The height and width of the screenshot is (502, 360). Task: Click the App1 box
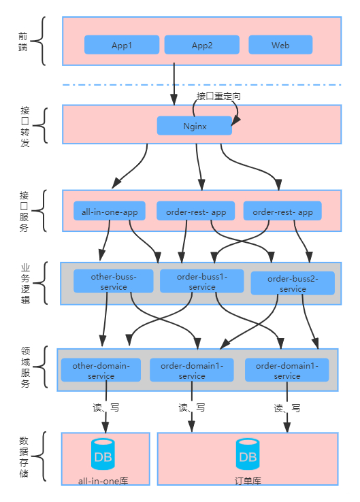tap(122, 45)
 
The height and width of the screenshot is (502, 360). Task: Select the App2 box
tap(202, 45)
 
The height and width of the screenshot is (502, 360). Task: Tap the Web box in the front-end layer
tap(280, 45)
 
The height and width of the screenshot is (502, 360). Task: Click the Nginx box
tap(195, 126)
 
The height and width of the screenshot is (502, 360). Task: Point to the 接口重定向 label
tap(218, 96)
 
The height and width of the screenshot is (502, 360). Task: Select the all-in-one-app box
tap(110, 211)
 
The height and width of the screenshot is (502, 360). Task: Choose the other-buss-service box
tap(114, 281)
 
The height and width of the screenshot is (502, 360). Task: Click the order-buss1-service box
tap(202, 281)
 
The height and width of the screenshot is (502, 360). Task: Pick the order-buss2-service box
tap(293, 284)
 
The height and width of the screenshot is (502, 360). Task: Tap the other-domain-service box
tap(101, 370)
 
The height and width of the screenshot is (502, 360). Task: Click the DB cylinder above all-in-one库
tap(103, 454)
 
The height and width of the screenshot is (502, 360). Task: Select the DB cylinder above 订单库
tap(248, 454)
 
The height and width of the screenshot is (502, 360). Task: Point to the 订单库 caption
tap(248, 481)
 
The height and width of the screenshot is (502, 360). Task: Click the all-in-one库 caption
tap(103, 481)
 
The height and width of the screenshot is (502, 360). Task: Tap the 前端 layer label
tap(22, 41)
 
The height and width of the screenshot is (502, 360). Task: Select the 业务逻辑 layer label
tap(25, 284)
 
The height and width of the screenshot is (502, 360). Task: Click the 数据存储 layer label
tap(24, 457)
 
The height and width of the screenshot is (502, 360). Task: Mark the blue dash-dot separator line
tap(202, 85)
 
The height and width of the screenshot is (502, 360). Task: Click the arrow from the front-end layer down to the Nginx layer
tap(174, 84)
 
